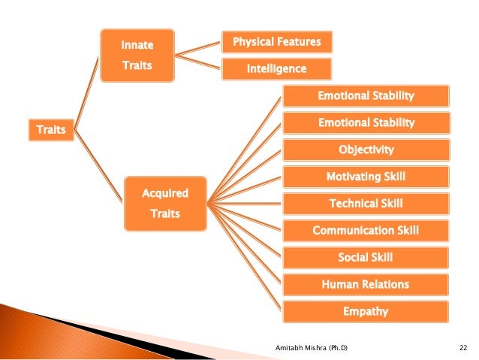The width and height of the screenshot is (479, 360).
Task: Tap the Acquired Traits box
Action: click(x=165, y=204)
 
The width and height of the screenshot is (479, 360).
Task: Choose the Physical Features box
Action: click(x=277, y=42)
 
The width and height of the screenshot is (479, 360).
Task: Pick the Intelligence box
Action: click(x=277, y=69)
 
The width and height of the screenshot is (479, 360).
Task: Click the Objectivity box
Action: click(x=366, y=150)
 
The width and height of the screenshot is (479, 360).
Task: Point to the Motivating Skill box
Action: click(x=366, y=177)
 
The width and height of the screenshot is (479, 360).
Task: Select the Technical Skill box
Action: click(x=366, y=204)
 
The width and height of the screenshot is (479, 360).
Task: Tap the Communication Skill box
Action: click(x=366, y=231)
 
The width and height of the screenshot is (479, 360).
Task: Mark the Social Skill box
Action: click(x=366, y=258)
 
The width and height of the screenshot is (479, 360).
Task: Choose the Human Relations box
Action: click(x=366, y=285)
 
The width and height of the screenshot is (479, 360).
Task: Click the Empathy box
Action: click(x=366, y=311)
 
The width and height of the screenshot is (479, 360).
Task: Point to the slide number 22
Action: click(x=462, y=347)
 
